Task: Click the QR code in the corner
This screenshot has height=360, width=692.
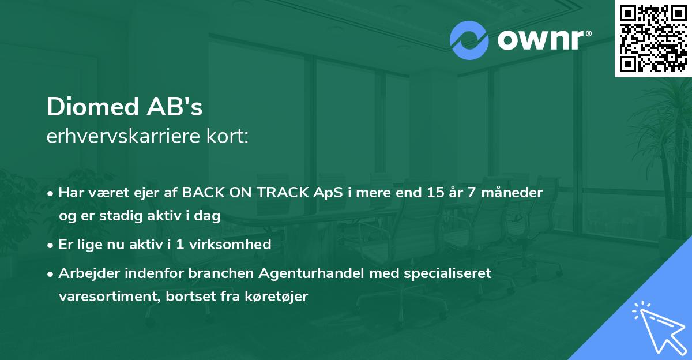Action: pos(653,38)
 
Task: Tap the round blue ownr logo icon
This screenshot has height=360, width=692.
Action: pos(469,40)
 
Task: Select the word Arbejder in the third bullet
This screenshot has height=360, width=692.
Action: pos(84,273)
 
